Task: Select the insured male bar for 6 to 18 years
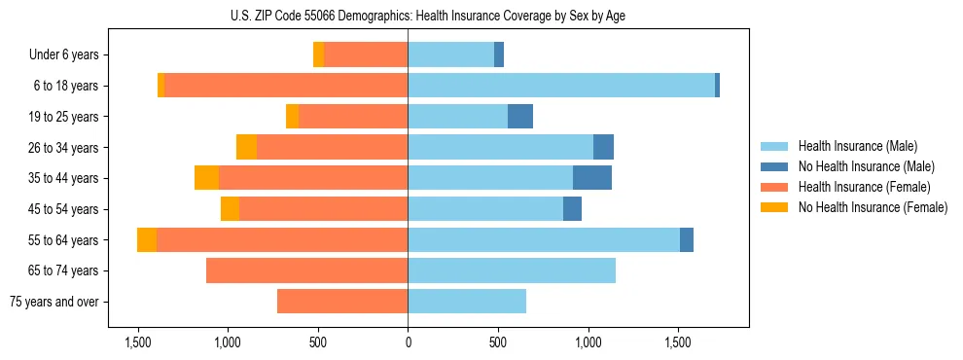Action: coord(561,86)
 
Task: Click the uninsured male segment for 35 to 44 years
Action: coord(592,178)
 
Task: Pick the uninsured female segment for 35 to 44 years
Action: coord(206,178)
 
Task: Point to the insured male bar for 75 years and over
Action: coord(467,302)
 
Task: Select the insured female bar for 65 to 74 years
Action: coord(306,270)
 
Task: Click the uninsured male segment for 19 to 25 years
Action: coord(520,117)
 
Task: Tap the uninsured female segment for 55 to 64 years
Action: coord(147,240)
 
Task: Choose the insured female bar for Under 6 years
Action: coord(366,54)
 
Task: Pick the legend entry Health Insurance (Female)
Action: coord(864,187)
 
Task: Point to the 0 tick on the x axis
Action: coord(408,342)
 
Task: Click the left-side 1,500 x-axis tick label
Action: coord(137,342)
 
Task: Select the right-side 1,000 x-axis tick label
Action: coord(588,342)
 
